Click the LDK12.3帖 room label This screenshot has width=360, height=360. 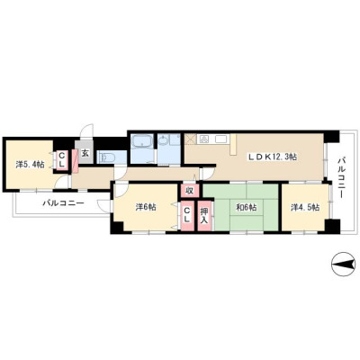click(272, 157)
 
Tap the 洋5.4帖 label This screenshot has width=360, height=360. click(30, 164)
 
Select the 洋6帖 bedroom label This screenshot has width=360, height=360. click(146, 207)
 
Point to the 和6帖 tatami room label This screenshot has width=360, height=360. click(246, 207)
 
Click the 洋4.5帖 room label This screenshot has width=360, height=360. click(305, 207)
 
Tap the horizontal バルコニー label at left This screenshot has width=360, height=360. click(63, 203)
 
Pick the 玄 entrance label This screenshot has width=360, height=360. click(85, 153)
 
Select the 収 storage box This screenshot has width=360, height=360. click(189, 191)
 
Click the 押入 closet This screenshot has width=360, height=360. click(204, 215)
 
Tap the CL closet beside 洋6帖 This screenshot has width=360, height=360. click(187, 215)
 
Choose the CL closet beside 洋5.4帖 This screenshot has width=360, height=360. click(62, 160)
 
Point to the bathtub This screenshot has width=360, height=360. click(142, 141)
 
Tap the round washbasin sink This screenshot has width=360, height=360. click(164, 140)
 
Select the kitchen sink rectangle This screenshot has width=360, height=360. click(220, 139)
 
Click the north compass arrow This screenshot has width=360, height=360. click(342, 264)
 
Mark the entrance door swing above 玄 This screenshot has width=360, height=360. click(88, 131)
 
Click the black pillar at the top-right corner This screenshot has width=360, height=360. click(331, 137)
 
